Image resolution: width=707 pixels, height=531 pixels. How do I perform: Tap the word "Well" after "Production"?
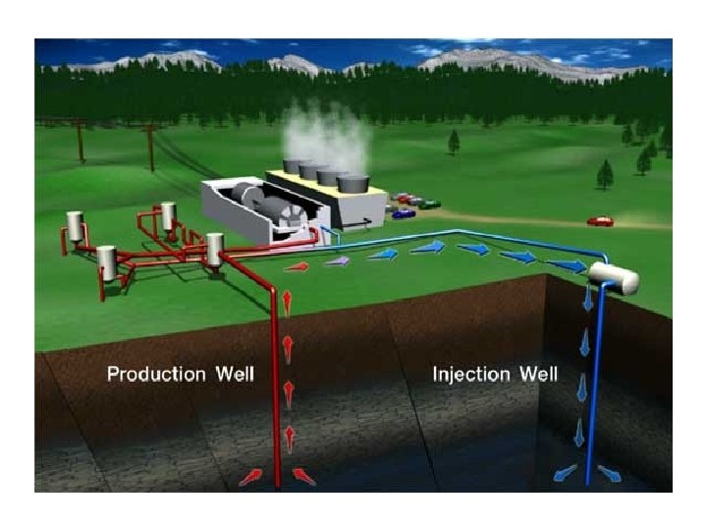point(233,375)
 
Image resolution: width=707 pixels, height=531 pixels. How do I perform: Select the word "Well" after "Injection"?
point(538,375)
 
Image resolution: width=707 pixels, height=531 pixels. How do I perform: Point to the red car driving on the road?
point(600,221)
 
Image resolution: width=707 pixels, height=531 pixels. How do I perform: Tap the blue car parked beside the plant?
point(402,212)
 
